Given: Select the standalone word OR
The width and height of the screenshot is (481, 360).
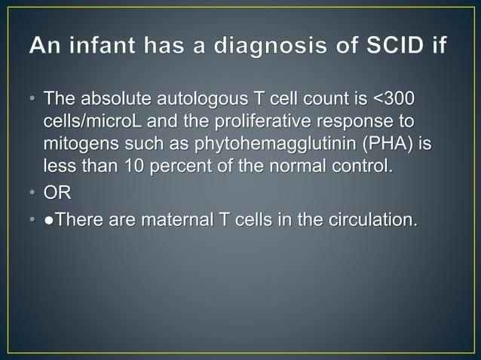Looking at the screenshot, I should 57,193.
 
